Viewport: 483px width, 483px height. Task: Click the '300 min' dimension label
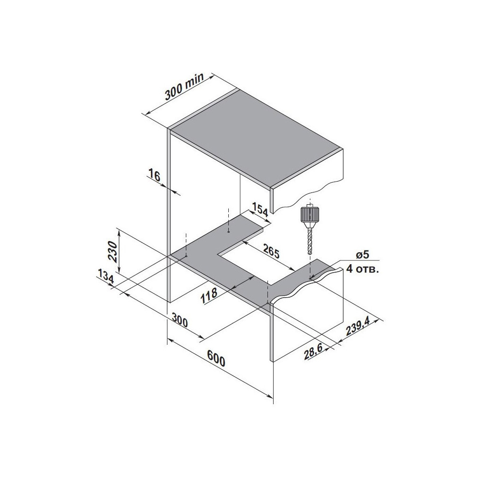[x=184, y=88]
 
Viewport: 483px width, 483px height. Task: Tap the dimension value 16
[x=154, y=176]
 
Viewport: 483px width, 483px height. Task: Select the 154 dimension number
[x=260, y=210]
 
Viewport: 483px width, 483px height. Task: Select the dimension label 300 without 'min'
[x=179, y=322]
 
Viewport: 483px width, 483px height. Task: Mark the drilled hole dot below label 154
[x=228, y=232]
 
